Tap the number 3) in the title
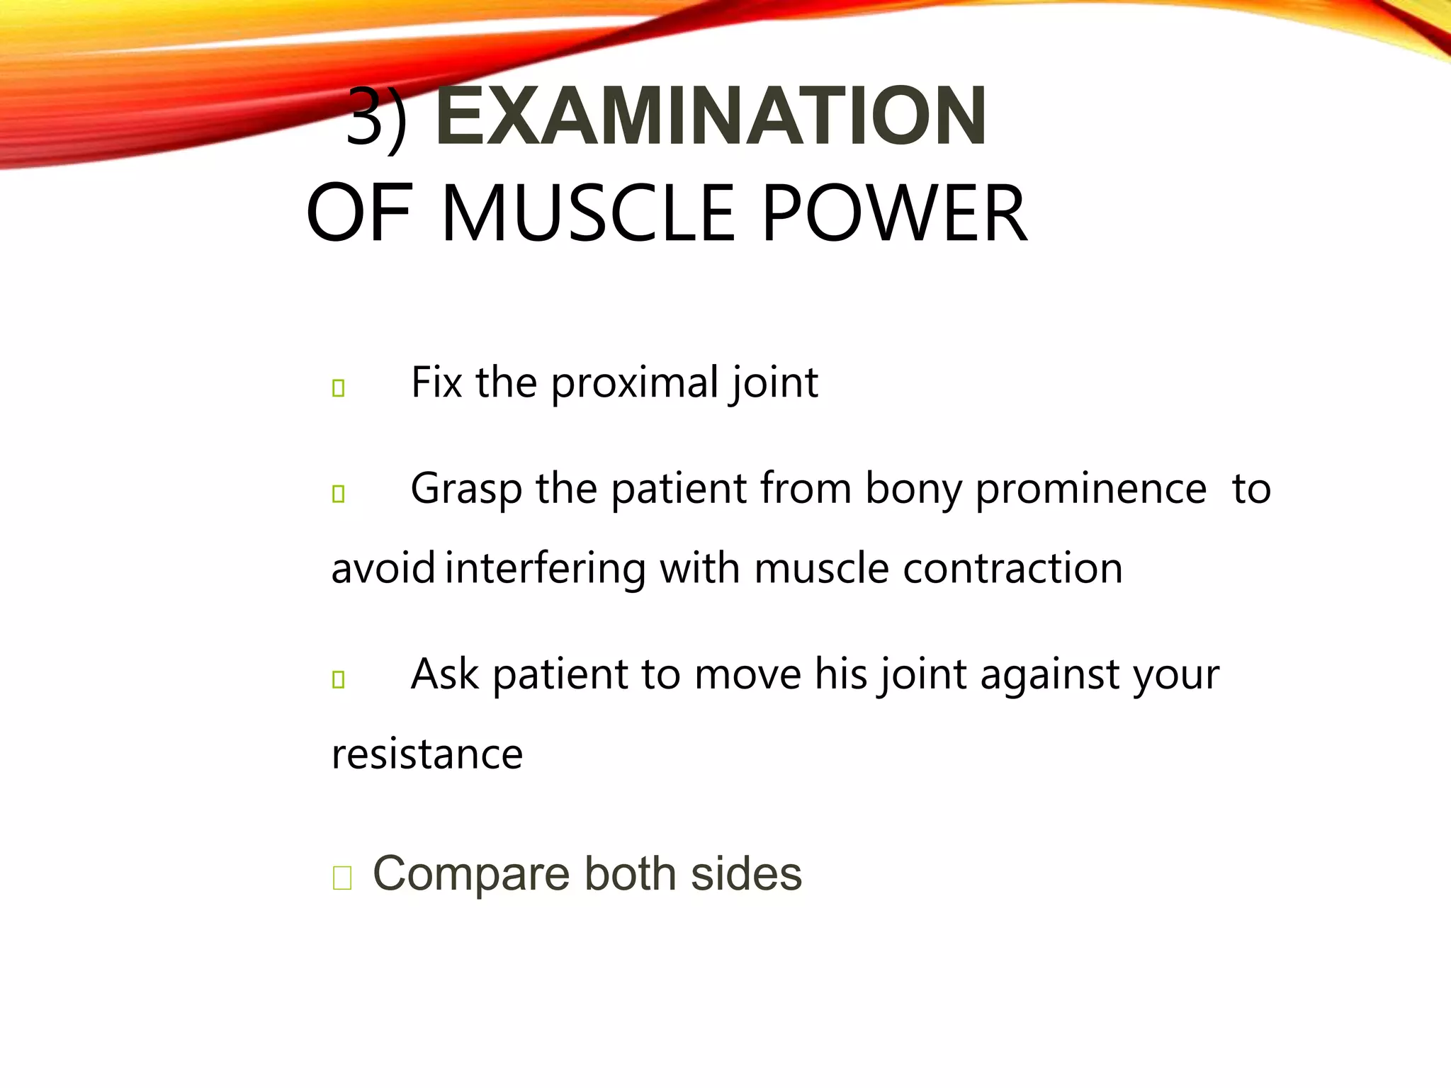377,117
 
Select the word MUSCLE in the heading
588,213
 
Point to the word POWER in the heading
894,213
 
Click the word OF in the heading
358,213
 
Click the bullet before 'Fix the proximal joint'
339,388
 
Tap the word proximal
635,383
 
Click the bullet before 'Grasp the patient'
339,494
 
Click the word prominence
1091,489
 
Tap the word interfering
546,569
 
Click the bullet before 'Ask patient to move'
339,679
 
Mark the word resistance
427,754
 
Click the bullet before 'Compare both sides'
342,878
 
